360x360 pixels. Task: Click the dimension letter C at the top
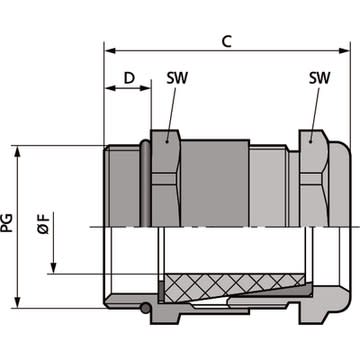227,41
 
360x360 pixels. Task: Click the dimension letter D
129,78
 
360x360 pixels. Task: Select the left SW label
177,78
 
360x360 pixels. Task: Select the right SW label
319,78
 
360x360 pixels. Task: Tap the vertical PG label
7,223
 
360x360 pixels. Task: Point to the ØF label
44,223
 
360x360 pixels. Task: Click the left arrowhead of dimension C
110,51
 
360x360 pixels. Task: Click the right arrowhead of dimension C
344,51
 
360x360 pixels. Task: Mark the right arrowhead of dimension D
145,88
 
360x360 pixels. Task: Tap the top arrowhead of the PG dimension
18,151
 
